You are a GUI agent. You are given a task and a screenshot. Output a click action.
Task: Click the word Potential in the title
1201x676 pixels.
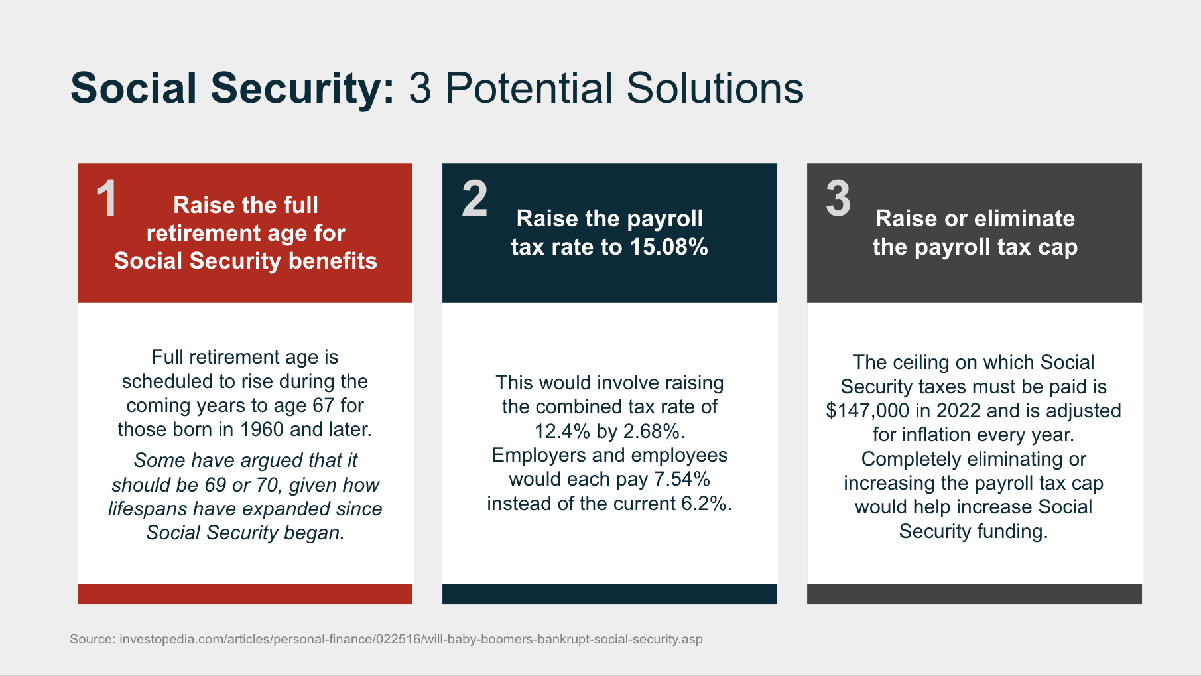click(529, 88)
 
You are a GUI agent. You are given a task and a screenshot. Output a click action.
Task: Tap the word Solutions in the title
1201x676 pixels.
click(715, 88)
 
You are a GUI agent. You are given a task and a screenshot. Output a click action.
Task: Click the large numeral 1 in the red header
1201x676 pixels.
click(107, 198)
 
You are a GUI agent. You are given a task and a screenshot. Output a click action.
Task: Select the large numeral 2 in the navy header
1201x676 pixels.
click(475, 198)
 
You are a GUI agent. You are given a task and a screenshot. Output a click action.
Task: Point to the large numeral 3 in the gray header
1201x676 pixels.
click(838, 198)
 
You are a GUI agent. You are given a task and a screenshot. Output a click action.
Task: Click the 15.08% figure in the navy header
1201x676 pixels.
click(669, 247)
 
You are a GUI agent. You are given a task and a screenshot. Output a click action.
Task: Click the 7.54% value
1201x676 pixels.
click(682, 479)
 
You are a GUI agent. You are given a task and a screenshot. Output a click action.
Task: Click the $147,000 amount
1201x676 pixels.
click(868, 411)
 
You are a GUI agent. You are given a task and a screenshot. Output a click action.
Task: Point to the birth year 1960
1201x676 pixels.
click(262, 429)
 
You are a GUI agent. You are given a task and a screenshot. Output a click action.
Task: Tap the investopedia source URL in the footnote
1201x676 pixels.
click(411, 639)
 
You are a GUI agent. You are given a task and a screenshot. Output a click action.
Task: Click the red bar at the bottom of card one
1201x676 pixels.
click(245, 594)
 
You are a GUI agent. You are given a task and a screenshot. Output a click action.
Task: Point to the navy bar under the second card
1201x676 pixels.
click(609, 594)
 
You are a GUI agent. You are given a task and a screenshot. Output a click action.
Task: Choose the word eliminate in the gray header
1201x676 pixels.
click(1033, 218)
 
